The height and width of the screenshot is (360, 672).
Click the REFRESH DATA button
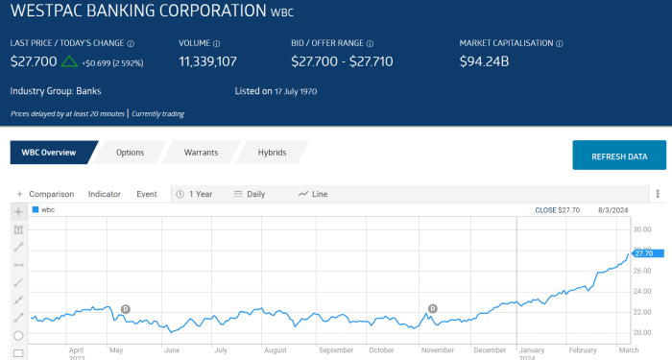click(619, 156)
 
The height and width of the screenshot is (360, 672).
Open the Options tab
click(130, 153)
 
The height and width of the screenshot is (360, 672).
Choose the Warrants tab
click(201, 153)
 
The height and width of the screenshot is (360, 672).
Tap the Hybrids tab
click(272, 153)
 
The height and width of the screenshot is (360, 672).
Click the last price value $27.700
click(34, 61)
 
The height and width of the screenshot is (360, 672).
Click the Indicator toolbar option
click(105, 194)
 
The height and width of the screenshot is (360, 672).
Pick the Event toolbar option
click(147, 194)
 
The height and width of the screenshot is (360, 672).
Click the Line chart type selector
click(314, 194)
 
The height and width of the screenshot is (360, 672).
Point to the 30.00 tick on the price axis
click(642, 229)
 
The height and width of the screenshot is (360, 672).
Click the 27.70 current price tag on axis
click(643, 253)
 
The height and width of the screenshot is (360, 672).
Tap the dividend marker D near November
click(432, 308)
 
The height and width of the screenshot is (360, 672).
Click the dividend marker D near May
click(127, 309)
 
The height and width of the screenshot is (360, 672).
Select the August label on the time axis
click(276, 350)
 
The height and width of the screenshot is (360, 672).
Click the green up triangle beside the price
click(69, 61)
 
